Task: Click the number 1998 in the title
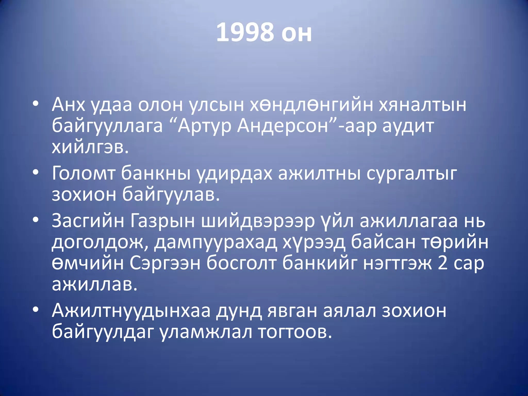pos(245,32)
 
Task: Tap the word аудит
pos(408,126)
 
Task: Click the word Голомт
pos(84,173)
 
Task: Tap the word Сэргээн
pos(165,263)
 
